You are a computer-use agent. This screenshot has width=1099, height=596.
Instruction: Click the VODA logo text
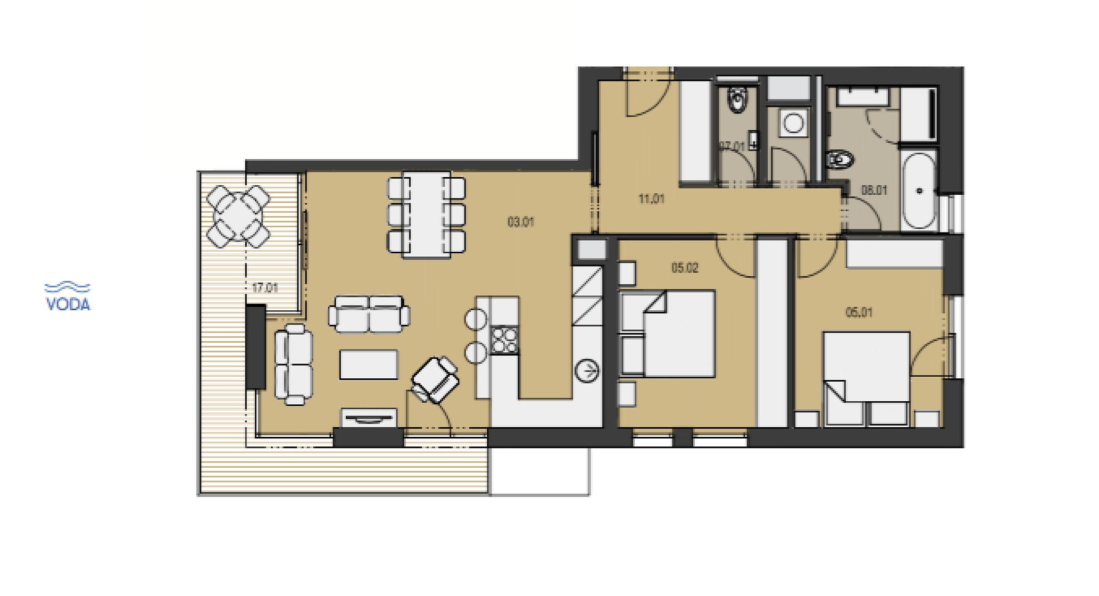coord(68,304)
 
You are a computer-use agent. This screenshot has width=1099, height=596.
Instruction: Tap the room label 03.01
coord(521,222)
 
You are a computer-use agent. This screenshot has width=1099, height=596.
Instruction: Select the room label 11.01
coord(651,200)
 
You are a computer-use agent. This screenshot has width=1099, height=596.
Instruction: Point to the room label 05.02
coord(685,268)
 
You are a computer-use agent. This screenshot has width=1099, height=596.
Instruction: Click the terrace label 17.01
coord(265,288)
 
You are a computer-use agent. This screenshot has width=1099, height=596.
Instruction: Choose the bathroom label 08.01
coord(874,190)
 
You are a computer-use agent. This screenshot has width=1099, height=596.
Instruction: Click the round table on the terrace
coord(238,216)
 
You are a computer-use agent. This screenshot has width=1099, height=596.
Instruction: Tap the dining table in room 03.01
coord(427,214)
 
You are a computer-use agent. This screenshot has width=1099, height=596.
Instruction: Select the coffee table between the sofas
coord(369,364)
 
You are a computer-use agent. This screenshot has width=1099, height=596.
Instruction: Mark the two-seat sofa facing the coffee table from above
coord(369,314)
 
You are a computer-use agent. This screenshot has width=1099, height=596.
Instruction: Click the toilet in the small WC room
coord(737,101)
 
